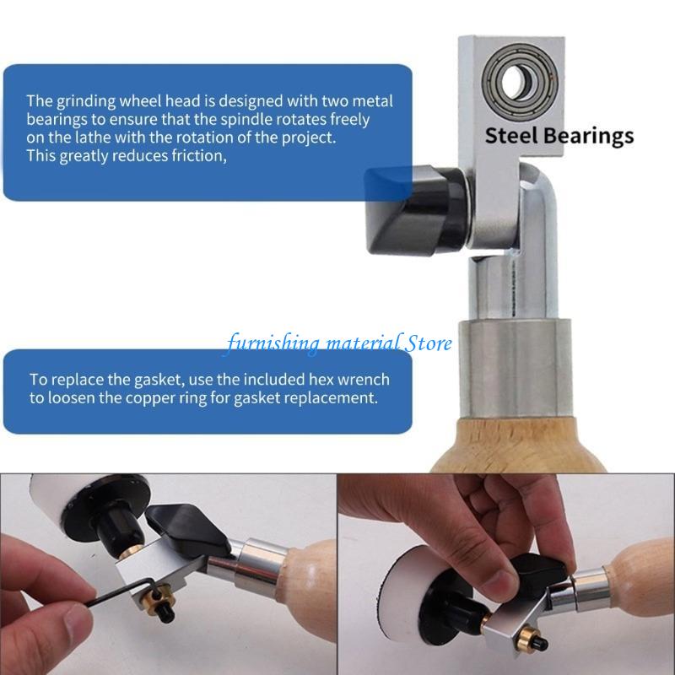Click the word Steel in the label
click(511, 135)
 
